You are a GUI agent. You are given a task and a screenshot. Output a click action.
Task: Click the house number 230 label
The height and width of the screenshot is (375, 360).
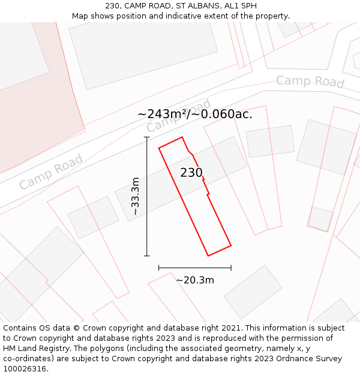191,173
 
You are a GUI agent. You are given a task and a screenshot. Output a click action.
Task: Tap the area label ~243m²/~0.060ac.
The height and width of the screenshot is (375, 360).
194,114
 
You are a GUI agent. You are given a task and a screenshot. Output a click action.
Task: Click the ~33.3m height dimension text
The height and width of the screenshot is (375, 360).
136,196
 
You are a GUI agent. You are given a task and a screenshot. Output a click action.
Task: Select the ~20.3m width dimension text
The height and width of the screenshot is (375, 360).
194,280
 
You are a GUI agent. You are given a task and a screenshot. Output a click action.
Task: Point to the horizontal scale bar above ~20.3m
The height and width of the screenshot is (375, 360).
194,268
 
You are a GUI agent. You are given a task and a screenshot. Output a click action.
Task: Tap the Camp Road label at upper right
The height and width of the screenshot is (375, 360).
310,82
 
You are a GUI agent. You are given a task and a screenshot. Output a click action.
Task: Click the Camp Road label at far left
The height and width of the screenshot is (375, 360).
50,172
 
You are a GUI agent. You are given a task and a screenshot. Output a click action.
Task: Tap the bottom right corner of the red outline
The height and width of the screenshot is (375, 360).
231,245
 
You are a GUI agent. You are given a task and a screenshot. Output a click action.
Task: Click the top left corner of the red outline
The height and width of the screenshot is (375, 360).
159,148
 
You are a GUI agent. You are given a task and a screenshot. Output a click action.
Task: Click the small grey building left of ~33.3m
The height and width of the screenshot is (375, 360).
93,217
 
